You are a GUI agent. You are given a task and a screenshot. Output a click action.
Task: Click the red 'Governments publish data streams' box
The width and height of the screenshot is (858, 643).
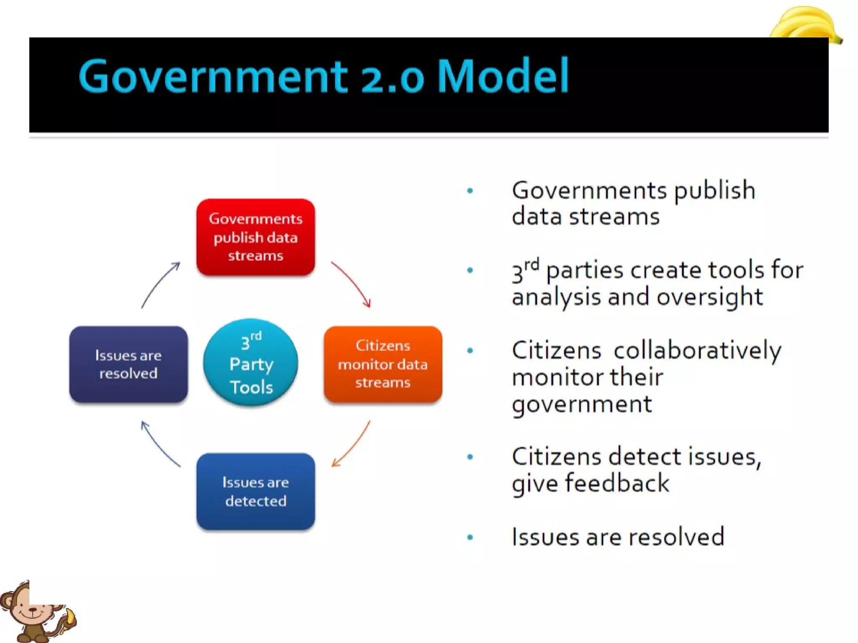click(x=256, y=237)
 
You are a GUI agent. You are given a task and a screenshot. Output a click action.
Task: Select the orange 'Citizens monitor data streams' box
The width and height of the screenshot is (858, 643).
click(x=383, y=364)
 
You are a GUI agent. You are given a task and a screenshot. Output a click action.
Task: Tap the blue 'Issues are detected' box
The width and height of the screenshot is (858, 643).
click(x=256, y=491)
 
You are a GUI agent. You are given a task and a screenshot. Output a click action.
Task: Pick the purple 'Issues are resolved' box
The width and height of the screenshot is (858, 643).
click(x=128, y=364)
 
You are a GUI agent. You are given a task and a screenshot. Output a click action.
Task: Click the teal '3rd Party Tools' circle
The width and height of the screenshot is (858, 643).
click(x=251, y=363)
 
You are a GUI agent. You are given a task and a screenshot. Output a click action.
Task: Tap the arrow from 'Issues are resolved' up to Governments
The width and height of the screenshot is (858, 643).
click(x=159, y=284)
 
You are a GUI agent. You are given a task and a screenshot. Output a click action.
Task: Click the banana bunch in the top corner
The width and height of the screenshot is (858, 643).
click(x=804, y=23)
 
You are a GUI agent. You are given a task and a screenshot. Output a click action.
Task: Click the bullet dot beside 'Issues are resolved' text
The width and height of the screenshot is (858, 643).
click(x=470, y=537)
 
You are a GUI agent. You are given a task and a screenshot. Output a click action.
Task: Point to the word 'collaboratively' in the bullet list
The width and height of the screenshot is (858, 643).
click(x=698, y=351)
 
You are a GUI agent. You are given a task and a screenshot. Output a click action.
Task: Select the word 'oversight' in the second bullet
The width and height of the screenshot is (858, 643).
click(x=710, y=297)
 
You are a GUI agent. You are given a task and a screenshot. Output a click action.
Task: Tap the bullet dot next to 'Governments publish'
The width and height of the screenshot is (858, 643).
click(x=470, y=191)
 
